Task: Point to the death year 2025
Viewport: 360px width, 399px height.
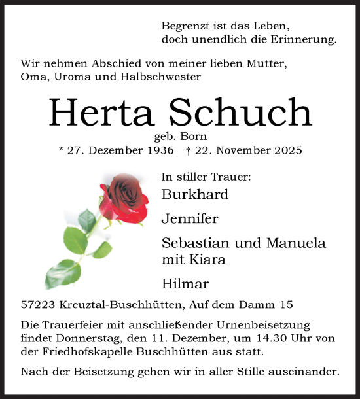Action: (287, 151)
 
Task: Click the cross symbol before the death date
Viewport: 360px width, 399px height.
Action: (188, 150)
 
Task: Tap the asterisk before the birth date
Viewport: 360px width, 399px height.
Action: (61, 150)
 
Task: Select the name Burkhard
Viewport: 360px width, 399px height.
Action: (195, 194)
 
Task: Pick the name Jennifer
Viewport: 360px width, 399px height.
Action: (190, 218)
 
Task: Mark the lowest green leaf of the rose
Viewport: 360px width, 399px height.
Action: (62, 273)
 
